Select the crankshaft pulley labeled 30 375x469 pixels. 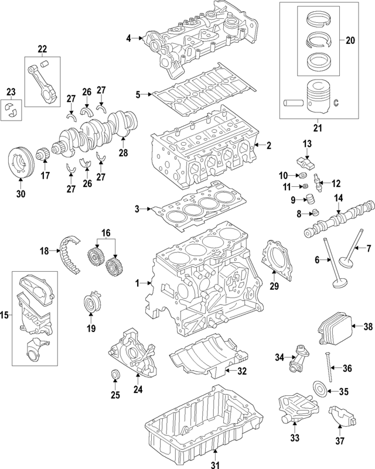coord(21,161)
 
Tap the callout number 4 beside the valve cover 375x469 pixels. coord(128,39)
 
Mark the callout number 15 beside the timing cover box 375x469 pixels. coord(5,317)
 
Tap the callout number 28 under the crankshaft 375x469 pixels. coord(122,153)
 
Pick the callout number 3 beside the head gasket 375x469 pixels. coord(137,208)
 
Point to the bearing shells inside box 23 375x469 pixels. coord(12,109)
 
